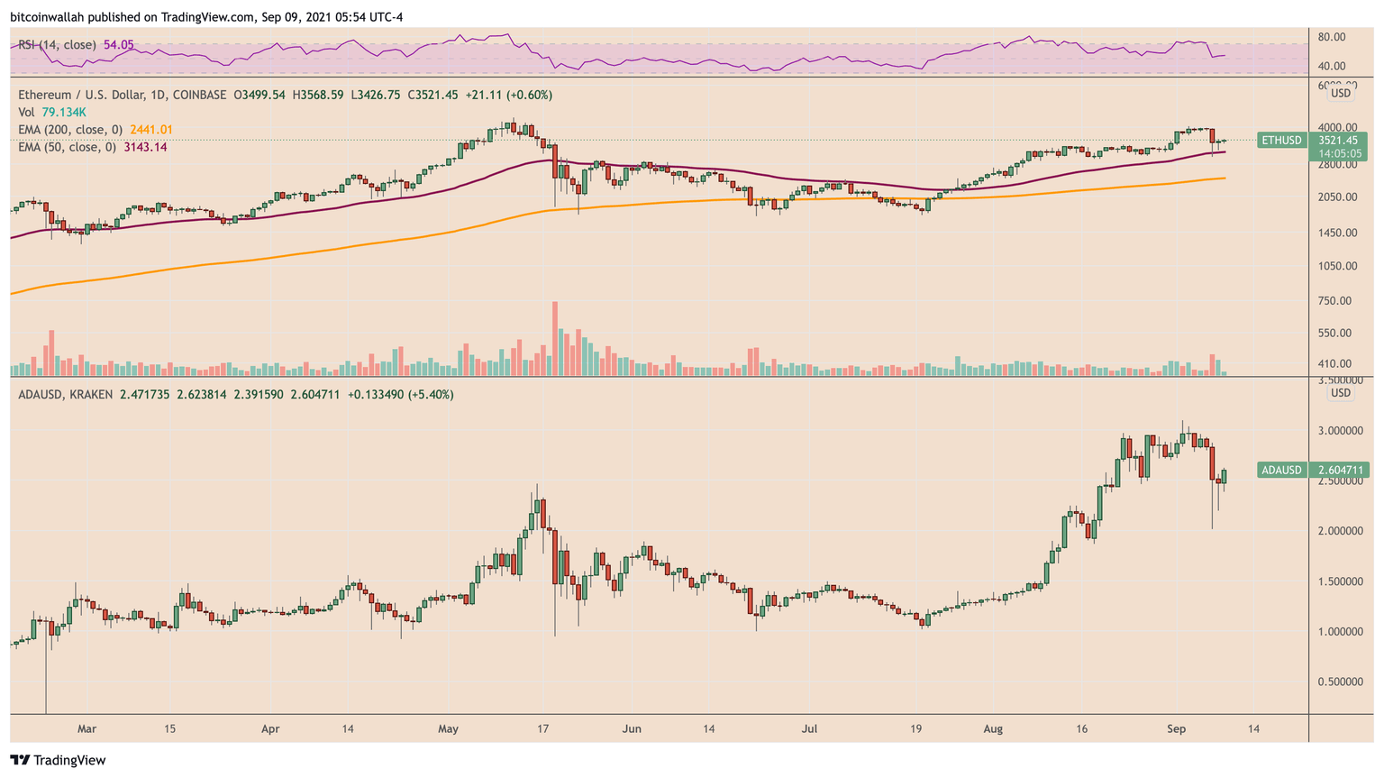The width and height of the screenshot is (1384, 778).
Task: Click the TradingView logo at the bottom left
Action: (x=58, y=760)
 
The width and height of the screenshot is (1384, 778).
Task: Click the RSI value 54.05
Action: (x=119, y=44)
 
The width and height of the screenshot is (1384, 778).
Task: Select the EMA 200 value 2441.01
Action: (x=150, y=130)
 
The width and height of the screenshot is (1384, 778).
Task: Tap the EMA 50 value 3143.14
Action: (x=145, y=147)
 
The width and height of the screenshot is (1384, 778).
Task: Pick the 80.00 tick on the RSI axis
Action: (x=1331, y=37)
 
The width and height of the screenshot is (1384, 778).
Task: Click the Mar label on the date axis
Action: (x=86, y=728)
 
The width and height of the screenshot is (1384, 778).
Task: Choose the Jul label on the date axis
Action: (x=809, y=728)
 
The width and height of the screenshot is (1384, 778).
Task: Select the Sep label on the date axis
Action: (x=1176, y=728)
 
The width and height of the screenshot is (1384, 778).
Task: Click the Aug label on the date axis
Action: (x=994, y=728)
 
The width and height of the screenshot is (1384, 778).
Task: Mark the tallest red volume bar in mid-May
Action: (x=555, y=338)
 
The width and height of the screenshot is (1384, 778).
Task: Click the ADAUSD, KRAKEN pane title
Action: (x=66, y=395)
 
